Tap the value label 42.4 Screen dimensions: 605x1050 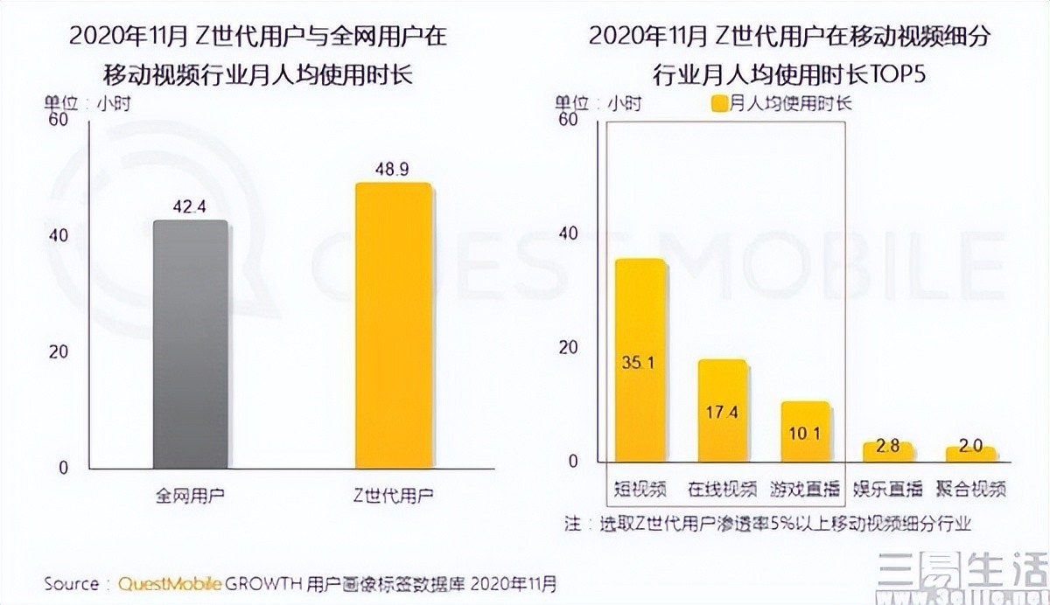pyautogui.click(x=190, y=207)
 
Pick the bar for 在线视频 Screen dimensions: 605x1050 pyautogui.click(x=722, y=410)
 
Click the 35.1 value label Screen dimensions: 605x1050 pyautogui.click(x=640, y=361)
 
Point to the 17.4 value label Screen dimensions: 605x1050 pyautogui.click(x=722, y=411)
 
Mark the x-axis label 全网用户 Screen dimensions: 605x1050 pyautogui.click(x=190, y=495)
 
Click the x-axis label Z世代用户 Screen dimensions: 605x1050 pyautogui.click(x=393, y=495)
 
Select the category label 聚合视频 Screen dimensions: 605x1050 pyautogui.click(x=970, y=489)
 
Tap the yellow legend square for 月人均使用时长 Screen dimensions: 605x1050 pyautogui.click(x=719, y=104)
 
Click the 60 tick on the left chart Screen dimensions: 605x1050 pyautogui.click(x=59, y=120)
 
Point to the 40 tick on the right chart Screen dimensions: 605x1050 pyautogui.click(x=569, y=233)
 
